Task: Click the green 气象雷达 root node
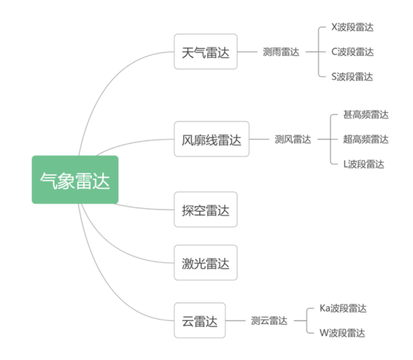[x=75, y=180]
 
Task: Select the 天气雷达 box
[x=206, y=52]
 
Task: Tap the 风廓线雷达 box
[x=211, y=139]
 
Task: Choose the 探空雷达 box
[x=206, y=209]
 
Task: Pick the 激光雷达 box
[x=206, y=263]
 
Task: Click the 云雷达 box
[x=200, y=321]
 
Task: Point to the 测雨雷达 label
[x=281, y=52]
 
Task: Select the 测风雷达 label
[x=293, y=139]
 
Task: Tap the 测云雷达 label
[x=269, y=321]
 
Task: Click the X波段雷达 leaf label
[x=352, y=27]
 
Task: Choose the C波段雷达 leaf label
[x=352, y=52]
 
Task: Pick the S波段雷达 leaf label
[x=352, y=77]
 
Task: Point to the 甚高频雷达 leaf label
[x=366, y=115]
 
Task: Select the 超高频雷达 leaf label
[x=366, y=139]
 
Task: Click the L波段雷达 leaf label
[x=364, y=164]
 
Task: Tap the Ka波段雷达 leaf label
[x=343, y=308]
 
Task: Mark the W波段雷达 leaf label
[x=342, y=333]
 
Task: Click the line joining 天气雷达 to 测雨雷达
[x=247, y=52]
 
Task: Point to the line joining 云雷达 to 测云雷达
[x=236, y=321]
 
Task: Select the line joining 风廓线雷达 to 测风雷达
[x=259, y=139]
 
